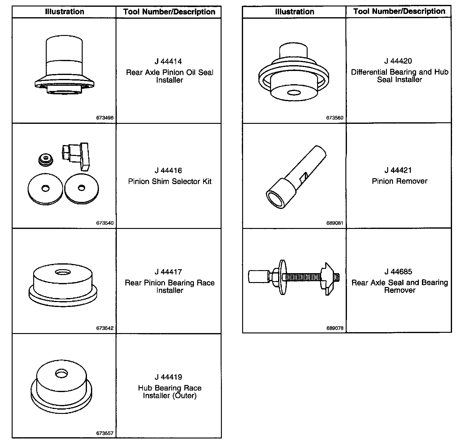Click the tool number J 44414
168,61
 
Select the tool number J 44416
168,171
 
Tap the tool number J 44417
168,272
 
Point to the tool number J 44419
168,377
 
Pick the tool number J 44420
398,61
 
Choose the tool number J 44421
398,170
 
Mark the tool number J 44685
398,272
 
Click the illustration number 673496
105,118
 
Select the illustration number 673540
105,223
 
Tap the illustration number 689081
335,223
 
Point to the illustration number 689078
335,328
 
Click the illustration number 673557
105,434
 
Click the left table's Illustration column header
65,12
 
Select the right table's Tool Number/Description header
399,11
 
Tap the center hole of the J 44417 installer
62,272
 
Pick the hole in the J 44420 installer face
294,92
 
